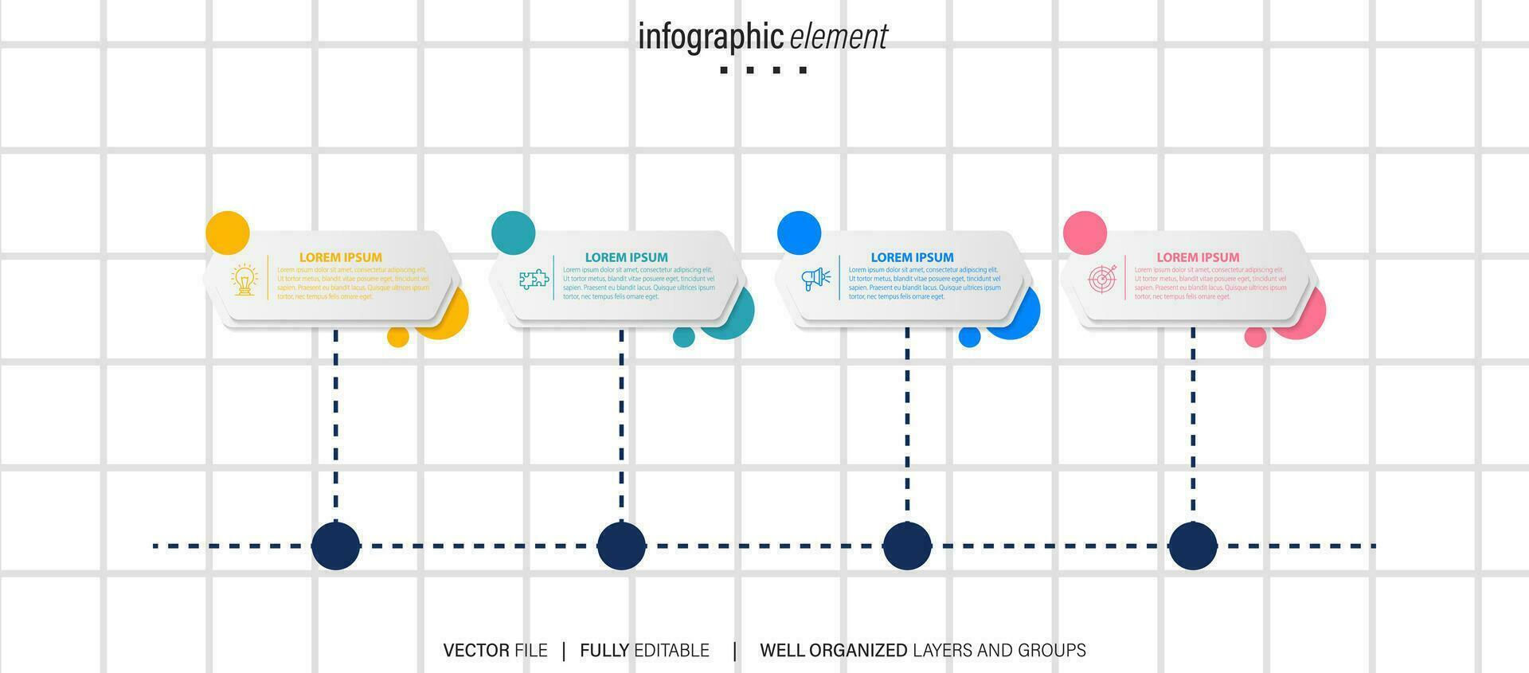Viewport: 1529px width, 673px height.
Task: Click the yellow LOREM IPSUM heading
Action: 340,257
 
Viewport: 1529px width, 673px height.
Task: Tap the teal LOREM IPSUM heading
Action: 626,257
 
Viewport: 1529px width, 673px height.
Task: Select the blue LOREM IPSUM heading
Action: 912,257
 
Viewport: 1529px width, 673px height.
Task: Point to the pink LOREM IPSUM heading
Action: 1198,257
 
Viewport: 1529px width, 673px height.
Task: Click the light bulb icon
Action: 244,280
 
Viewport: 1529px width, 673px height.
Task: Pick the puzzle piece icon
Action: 534,280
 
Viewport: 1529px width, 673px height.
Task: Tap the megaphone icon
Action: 815,279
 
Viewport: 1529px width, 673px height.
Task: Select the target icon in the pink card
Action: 1102,279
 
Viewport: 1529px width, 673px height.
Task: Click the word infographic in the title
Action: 710,37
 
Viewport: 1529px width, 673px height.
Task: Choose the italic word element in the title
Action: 839,37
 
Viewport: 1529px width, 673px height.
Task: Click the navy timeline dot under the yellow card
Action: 335,546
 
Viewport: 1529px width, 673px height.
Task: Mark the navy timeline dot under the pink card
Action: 1192,546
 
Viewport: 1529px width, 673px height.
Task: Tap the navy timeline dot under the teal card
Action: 621,546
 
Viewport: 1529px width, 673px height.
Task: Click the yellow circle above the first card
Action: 228,233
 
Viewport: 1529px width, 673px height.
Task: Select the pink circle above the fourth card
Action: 1085,233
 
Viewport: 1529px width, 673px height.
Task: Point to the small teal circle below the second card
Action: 683,337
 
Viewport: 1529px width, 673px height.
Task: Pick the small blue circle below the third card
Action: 969,337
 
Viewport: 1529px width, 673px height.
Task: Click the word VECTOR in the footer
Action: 476,651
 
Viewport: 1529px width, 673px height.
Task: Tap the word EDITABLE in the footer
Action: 671,651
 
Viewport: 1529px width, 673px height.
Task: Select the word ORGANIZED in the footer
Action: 858,651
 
